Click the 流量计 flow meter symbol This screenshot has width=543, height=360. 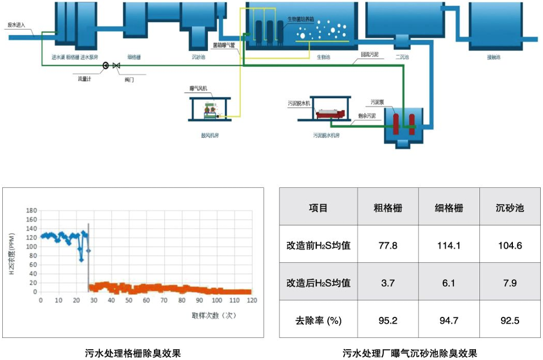pos(106,66)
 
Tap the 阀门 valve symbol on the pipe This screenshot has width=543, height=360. pos(116,66)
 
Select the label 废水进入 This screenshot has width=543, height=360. pos(15,26)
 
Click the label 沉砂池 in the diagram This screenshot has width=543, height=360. pos(199,57)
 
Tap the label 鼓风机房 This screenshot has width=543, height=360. pos(210,136)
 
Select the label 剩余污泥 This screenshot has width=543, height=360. pos(366,115)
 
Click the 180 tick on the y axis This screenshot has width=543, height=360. pos(32,211)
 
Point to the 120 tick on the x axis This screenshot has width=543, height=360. pos(252,300)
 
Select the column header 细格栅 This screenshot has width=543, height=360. pos(449,208)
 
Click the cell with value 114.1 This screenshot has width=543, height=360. pos(449,246)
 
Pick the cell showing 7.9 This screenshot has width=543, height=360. pos(509,283)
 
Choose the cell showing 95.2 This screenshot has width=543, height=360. pos(388,320)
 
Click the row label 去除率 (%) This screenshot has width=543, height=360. pos(318,320)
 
